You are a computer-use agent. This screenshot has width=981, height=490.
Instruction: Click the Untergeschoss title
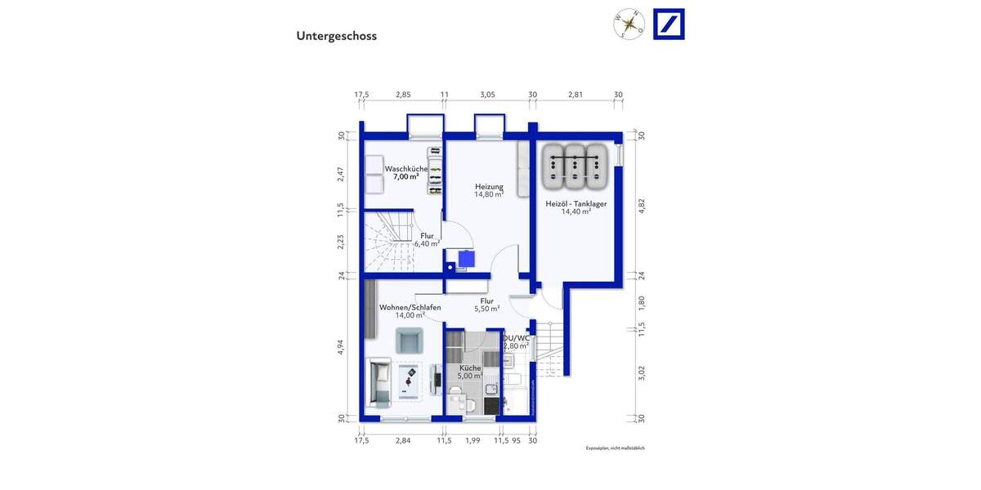pos(336,36)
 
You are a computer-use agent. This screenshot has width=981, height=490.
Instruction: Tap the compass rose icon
pos(629,24)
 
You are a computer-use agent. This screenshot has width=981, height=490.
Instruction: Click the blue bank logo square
pos(669,24)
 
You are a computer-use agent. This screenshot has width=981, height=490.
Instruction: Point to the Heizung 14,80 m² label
pos(489,190)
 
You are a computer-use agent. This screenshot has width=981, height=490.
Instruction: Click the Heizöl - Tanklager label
pos(576,207)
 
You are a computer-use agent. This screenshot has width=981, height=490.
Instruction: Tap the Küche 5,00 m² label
pos(469,372)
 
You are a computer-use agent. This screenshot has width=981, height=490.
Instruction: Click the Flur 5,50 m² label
pos(487,305)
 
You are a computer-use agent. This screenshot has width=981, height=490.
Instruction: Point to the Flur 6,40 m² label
pos(427,239)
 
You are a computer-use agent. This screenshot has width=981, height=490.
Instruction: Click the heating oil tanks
pos(576,165)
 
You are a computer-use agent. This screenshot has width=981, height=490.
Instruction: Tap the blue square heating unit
pos(466,259)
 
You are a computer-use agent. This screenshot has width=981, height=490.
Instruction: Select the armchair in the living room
pos(409,340)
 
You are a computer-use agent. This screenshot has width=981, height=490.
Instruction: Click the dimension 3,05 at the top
pos(487,95)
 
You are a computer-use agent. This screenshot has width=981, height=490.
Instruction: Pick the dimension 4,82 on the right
pos(642,205)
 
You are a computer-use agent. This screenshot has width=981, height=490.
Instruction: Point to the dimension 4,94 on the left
pos(341,348)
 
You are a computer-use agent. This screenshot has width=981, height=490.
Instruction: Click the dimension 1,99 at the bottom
pos(473,441)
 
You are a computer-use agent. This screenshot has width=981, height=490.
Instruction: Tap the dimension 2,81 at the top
pos(576,95)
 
